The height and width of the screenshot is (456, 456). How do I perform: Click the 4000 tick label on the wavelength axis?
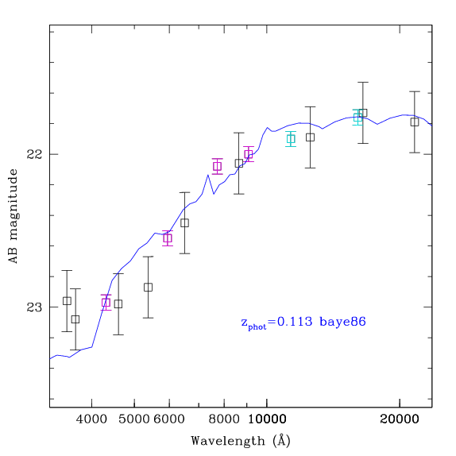point(91,419)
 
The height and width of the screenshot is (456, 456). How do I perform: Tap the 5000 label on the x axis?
point(134,419)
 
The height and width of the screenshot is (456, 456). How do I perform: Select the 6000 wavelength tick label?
point(169,419)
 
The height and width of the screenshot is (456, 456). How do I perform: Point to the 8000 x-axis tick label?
point(224,419)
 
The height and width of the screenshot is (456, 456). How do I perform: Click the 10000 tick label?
point(267,419)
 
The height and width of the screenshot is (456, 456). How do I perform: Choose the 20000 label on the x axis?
point(400,419)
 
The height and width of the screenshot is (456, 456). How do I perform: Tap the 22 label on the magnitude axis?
point(34,154)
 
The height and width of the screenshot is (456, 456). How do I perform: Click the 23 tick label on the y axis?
point(34,307)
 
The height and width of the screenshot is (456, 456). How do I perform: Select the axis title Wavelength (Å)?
point(241,441)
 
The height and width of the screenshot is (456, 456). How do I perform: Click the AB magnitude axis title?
point(13,216)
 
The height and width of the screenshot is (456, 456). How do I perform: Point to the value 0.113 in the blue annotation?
point(295,322)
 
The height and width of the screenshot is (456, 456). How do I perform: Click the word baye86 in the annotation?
point(342,322)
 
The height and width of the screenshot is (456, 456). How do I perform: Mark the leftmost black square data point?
point(67,301)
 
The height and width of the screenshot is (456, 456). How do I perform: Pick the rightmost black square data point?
point(415,122)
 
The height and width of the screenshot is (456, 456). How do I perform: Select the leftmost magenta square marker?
point(106,303)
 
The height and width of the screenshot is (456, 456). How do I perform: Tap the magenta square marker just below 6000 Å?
point(168,238)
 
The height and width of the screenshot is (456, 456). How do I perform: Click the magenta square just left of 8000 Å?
point(217,166)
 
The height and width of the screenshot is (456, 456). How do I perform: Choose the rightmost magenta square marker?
point(249,154)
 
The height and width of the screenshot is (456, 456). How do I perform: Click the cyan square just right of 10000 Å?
point(291,139)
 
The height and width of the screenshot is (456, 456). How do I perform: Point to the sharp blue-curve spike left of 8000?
point(207,175)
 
